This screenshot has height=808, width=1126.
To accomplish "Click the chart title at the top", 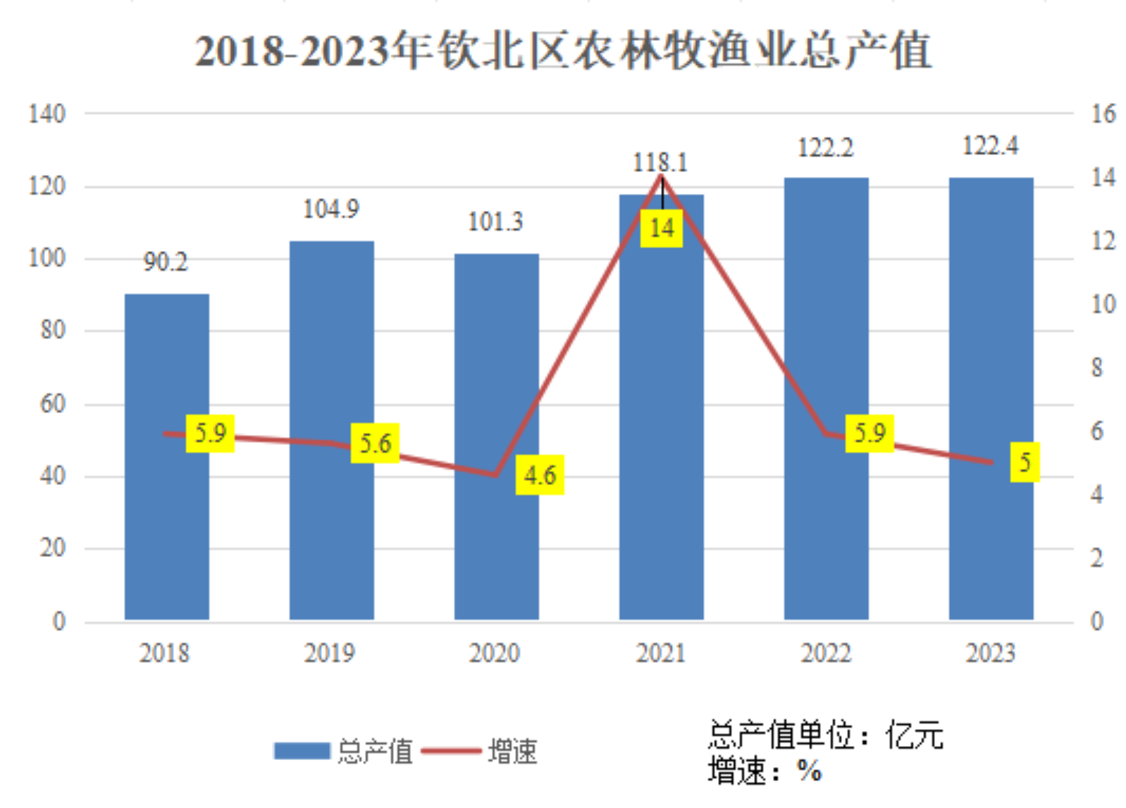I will (x=563, y=51).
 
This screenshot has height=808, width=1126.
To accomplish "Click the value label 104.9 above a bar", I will (x=330, y=209).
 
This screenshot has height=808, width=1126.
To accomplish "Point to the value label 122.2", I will (x=825, y=148).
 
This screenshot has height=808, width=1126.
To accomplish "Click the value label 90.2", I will (x=166, y=262).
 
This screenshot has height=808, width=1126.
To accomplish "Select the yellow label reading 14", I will (x=661, y=228).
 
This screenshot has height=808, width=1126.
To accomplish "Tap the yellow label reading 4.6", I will (x=540, y=475).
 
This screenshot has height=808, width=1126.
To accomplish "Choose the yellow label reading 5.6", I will (x=375, y=443).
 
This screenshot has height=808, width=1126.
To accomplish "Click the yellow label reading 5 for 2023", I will (x=1025, y=462).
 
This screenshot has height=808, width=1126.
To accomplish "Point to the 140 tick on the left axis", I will (x=47, y=114).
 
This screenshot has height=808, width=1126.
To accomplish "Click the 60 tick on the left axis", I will (x=53, y=404).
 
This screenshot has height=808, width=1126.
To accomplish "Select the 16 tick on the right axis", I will (x=1103, y=114).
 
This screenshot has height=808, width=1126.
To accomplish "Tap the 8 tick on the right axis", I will (x=1096, y=367).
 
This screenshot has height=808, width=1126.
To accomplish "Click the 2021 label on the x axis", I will (x=660, y=653).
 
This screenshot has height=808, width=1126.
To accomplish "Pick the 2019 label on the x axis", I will (x=330, y=653).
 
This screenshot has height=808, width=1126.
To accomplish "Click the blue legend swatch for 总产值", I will (x=302, y=751).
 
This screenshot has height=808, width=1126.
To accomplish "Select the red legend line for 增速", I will (x=450, y=751).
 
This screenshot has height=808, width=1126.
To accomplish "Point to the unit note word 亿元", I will (x=914, y=735).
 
